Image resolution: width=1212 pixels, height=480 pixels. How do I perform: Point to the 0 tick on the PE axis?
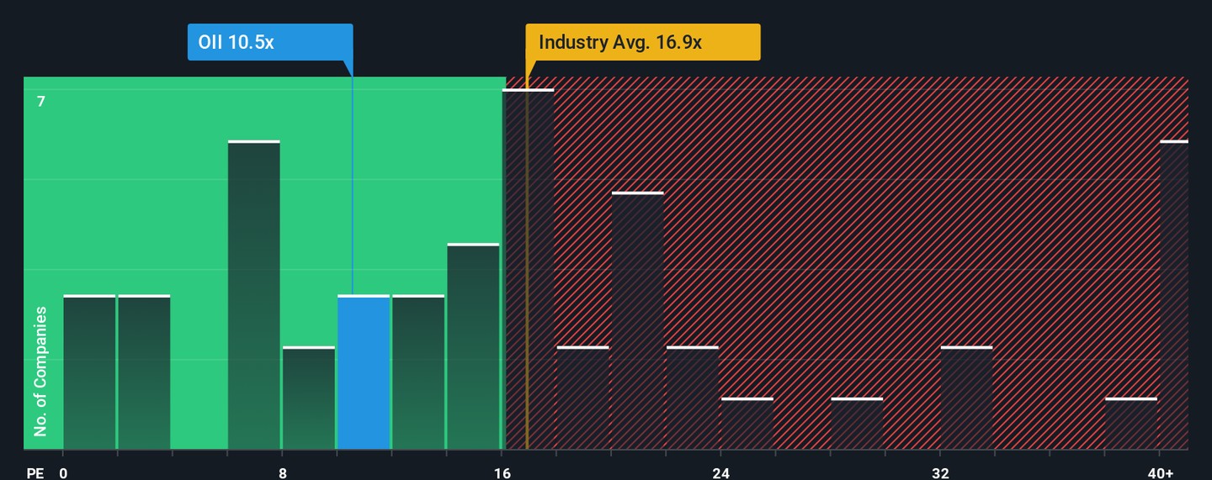click(x=63, y=472)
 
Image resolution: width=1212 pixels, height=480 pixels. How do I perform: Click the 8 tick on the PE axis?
click(x=283, y=472)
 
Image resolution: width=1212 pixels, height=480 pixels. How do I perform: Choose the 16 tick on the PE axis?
click(x=502, y=472)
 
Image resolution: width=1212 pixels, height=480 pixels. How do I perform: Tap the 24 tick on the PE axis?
click(x=720, y=472)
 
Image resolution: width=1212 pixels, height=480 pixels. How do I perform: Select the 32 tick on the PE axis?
click(x=940, y=472)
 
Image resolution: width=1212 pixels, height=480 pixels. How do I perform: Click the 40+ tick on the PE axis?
click(x=1160, y=472)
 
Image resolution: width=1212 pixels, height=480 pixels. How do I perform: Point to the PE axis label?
click(x=35, y=472)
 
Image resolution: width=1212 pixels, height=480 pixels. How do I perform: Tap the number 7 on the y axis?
click(x=40, y=102)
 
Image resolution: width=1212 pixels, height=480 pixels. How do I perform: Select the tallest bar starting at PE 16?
click(x=529, y=269)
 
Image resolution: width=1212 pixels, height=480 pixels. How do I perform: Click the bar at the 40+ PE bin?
click(x=1174, y=295)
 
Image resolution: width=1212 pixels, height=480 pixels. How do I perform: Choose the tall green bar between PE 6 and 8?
click(x=253, y=295)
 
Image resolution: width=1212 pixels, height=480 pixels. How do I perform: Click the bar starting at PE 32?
click(x=966, y=398)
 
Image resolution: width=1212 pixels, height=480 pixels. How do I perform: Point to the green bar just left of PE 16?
click(x=473, y=346)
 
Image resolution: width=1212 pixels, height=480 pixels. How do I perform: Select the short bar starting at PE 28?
click(x=857, y=424)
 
